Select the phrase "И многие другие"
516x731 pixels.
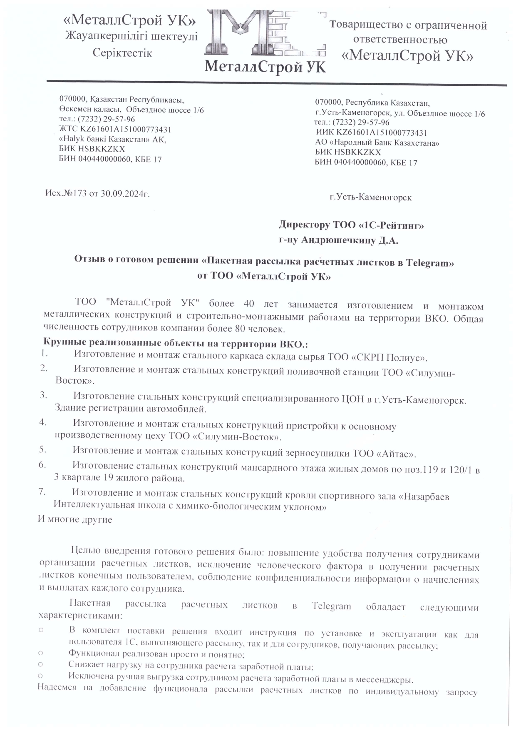point(75,519)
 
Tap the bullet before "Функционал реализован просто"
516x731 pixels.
point(40,653)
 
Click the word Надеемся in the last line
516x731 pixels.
point(57,688)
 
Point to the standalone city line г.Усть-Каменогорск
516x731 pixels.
point(370,197)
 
